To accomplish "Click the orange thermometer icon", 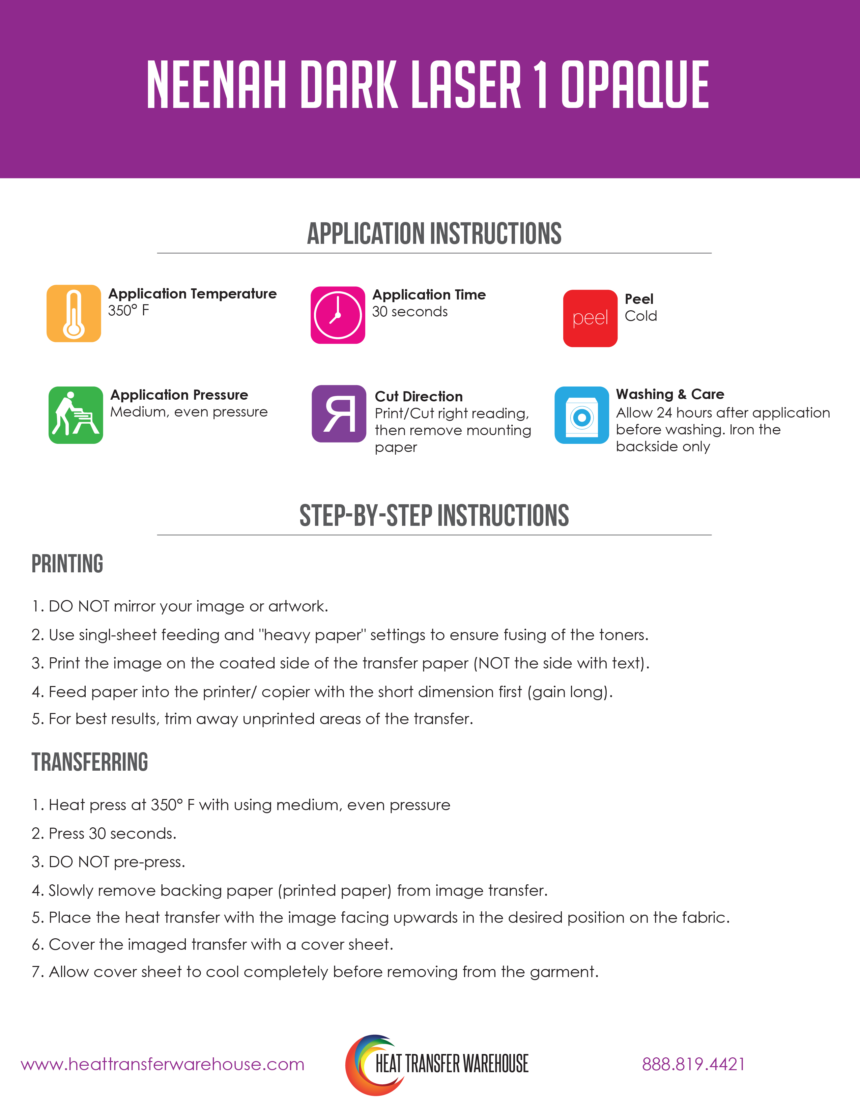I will click(74, 313).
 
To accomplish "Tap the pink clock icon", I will click(338, 315).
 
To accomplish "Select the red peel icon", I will click(590, 318).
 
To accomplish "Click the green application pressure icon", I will click(76, 415).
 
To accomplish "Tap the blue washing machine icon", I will click(581, 415).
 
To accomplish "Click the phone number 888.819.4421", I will click(693, 1064).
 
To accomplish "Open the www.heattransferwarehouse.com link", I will click(163, 1064).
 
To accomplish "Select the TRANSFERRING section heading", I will click(90, 762).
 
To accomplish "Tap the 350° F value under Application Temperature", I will click(128, 310).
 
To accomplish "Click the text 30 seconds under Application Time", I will click(410, 311).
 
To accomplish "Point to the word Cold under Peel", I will click(640, 316).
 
